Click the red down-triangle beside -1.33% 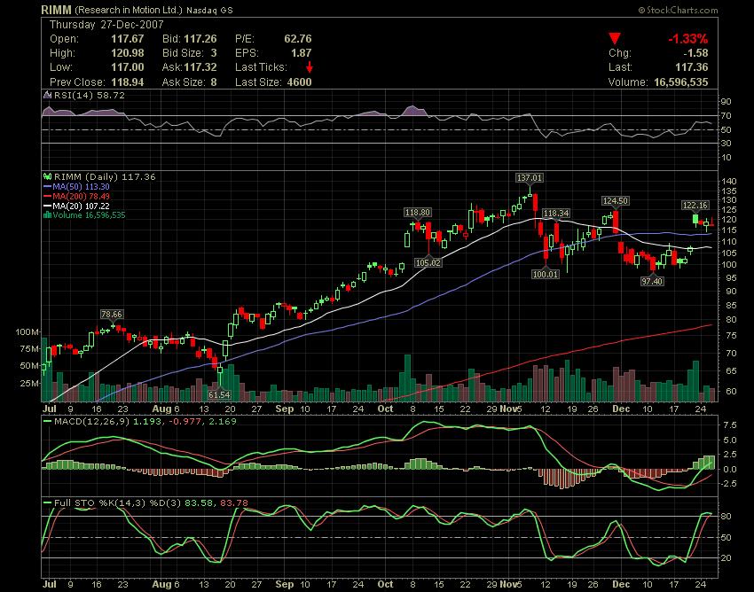tap(614, 39)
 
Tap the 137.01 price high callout tap(530, 177)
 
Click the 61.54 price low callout tap(218, 393)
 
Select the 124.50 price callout tap(615, 201)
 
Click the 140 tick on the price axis tap(729, 182)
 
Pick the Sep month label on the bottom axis tap(284, 409)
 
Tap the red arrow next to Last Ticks tap(309, 67)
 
